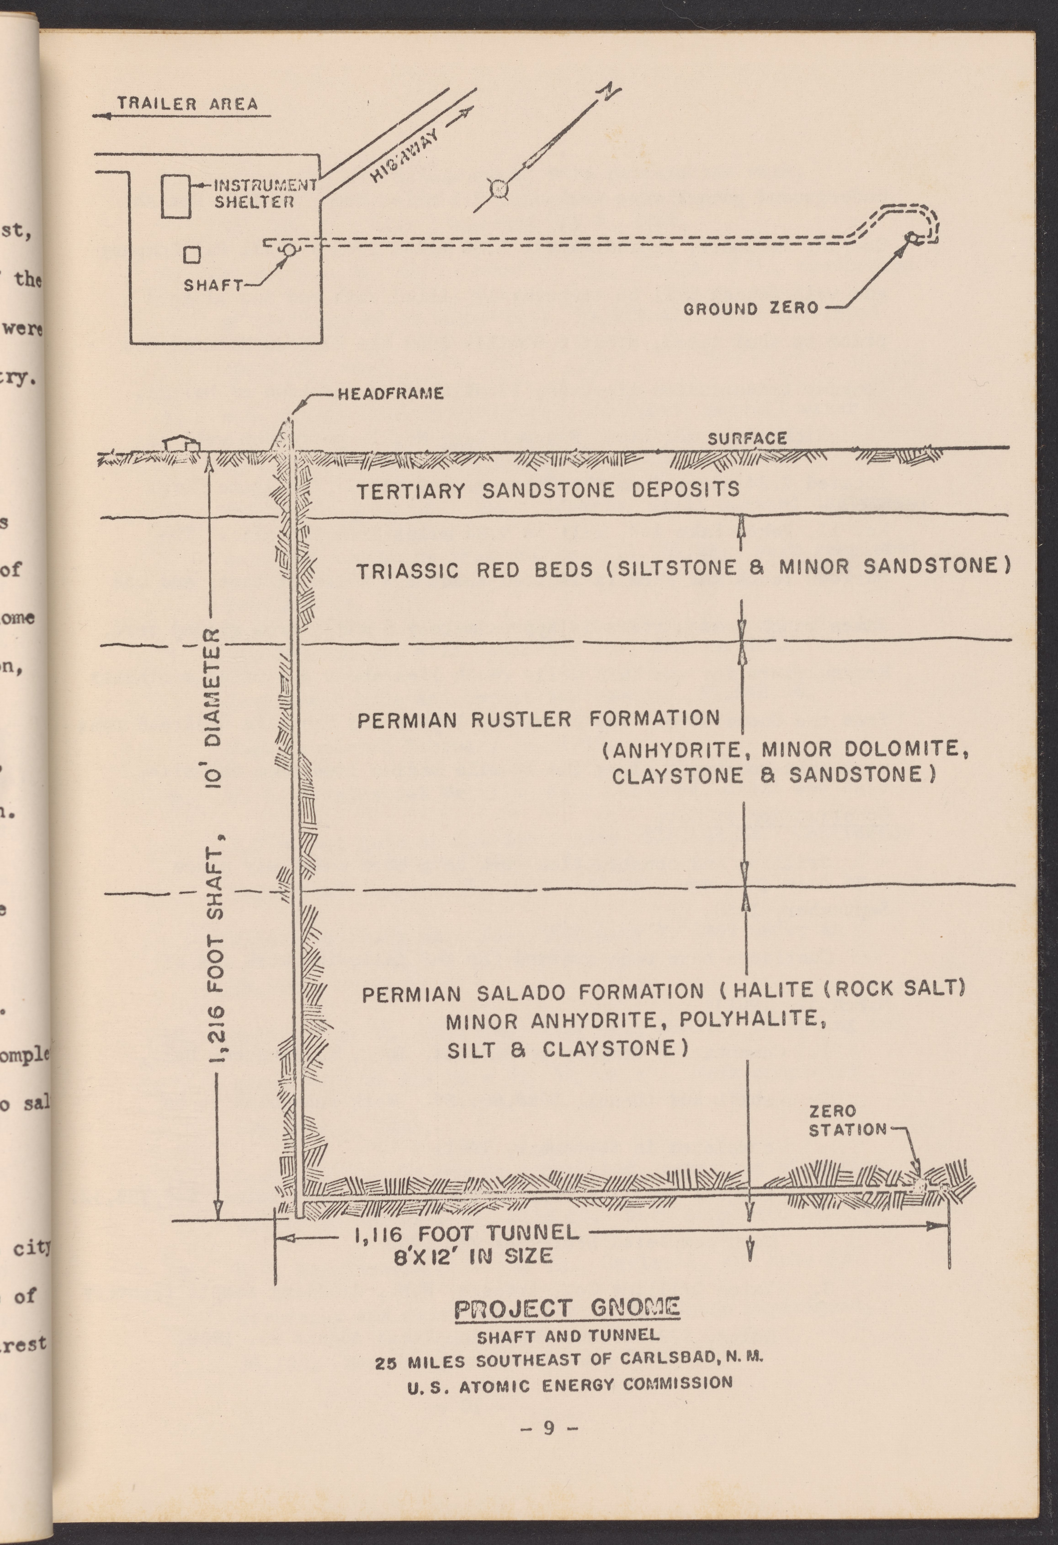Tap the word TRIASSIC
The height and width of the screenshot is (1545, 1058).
[x=407, y=571]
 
